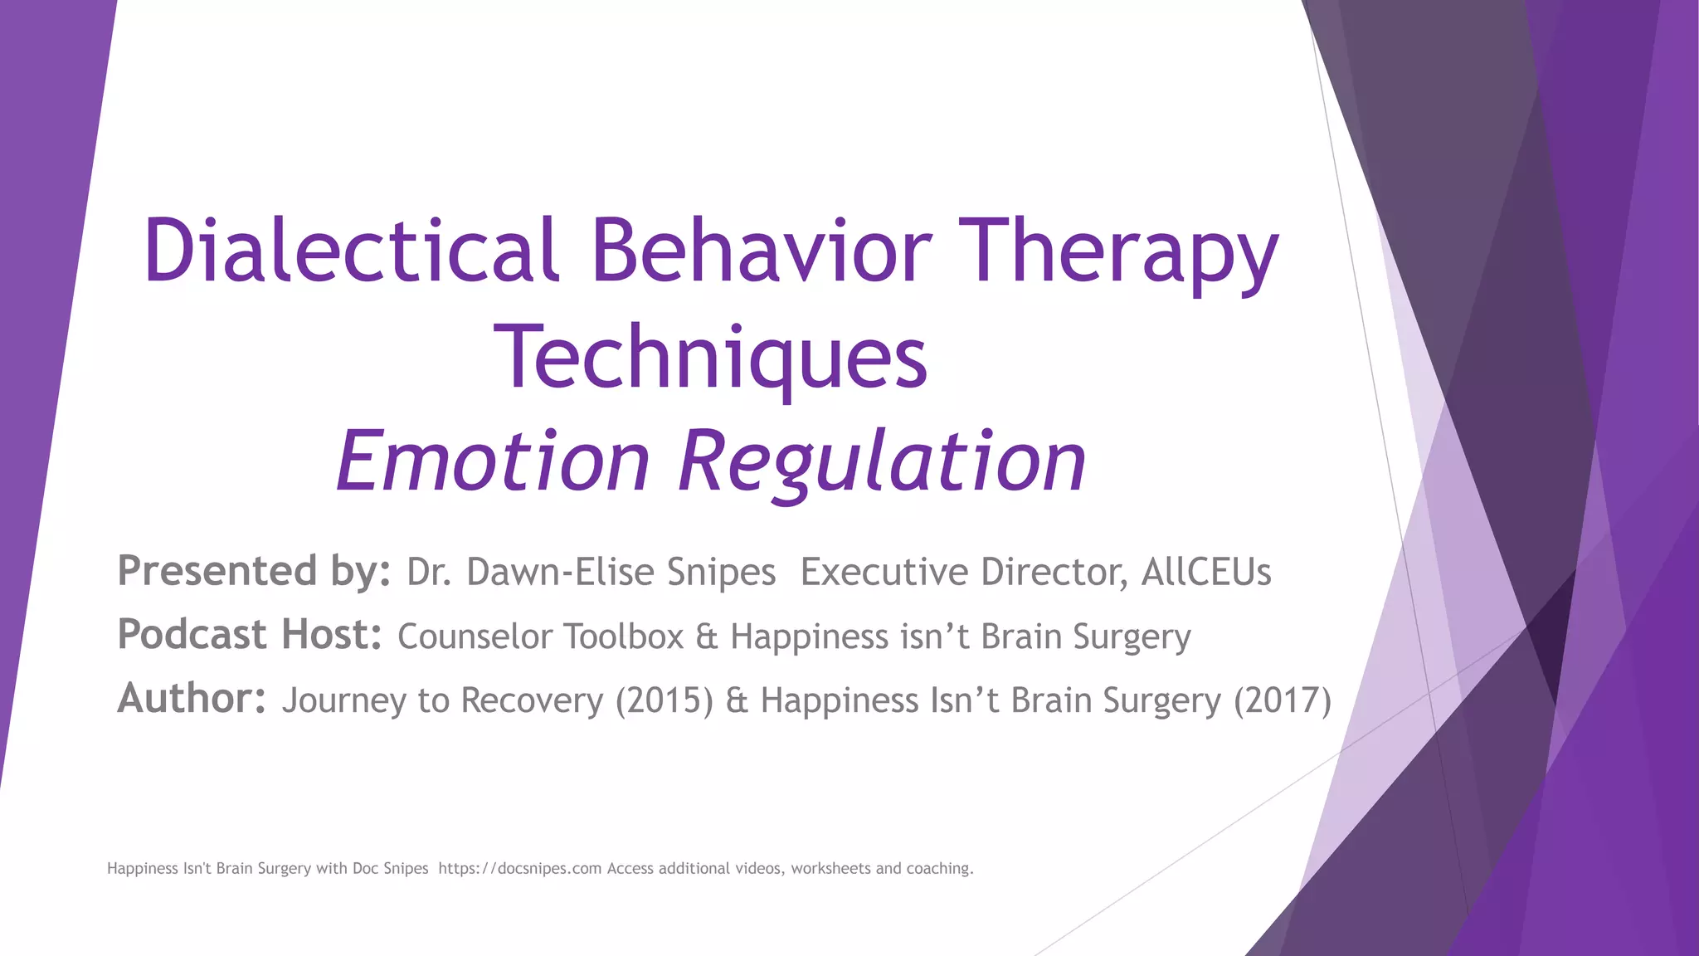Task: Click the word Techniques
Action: (710, 358)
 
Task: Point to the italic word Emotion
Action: (493, 461)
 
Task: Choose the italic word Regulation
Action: (882, 461)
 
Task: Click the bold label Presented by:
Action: (254, 572)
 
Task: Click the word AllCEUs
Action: (1205, 573)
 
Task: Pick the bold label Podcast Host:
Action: (250, 636)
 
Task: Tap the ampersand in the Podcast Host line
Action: (706, 637)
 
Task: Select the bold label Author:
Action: (192, 699)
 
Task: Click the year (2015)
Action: (664, 701)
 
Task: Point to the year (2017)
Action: (1282, 701)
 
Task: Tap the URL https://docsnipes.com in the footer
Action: (519, 869)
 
